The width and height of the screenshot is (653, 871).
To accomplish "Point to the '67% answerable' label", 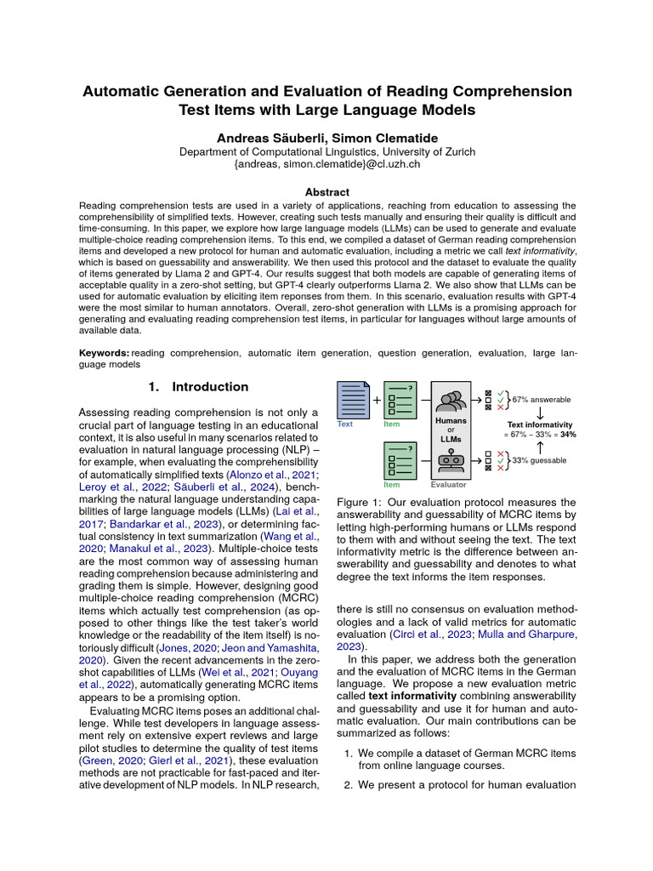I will point(542,399).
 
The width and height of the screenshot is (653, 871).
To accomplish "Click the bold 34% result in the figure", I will point(568,434).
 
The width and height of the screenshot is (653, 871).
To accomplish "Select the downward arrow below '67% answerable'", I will point(540,412).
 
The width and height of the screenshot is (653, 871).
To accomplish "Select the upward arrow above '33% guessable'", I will point(540,447).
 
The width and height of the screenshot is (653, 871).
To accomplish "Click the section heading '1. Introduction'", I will point(198,387).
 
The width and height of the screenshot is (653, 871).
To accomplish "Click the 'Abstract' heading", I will point(326,193).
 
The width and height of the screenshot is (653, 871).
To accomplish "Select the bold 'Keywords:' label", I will point(104,351).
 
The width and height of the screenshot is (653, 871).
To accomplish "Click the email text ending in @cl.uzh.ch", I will point(326,164).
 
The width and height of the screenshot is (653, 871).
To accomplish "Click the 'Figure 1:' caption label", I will point(361,503).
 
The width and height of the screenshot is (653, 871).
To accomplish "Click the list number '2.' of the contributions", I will point(349,785).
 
